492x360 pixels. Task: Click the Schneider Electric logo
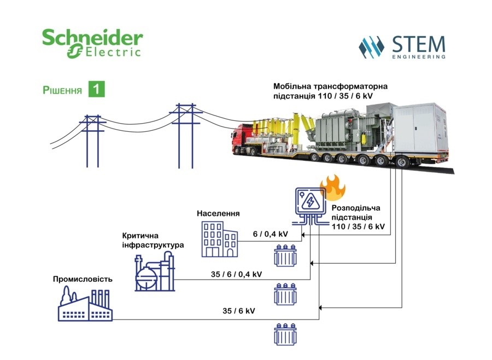pyautogui.click(x=92, y=43)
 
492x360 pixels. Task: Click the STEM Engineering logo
pyautogui.click(x=402, y=47)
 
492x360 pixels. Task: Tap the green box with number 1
pyautogui.click(x=96, y=89)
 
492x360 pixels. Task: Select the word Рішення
pyautogui.click(x=62, y=90)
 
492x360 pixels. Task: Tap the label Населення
pyautogui.click(x=218, y=213)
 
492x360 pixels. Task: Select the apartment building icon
pyautogui.click(x=220, y=239)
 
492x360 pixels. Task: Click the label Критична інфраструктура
pyautogui.click(x=153, y=240)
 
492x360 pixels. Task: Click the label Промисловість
pyautogui.click(x=83, y=279)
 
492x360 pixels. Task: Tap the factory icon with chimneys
pyautogui.click(x=85, y=305)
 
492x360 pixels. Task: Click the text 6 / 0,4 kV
pyautogui.click(x=271, y=234)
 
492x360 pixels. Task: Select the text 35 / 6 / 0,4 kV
pyautogui.click(x=236, y=274)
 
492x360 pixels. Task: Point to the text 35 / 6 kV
pyautogui.click(x=239, y=311)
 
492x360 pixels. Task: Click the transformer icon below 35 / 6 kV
pyautogui.click(x=285, y=334)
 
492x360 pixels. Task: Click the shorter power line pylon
pyautogui.click(x=92, y=141)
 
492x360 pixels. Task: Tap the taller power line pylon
pyautogui.click(x=186, y=135)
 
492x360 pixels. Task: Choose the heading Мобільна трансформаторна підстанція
pyautogui.click(x=330, y=91)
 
